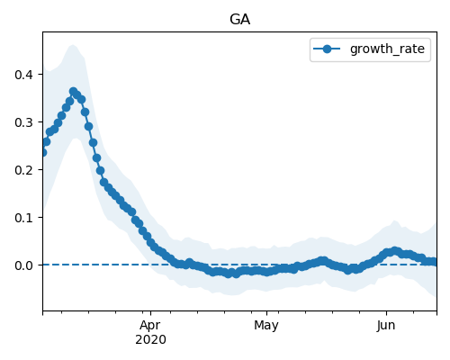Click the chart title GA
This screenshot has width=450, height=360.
point(239,20)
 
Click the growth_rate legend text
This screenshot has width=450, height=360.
point(387,49)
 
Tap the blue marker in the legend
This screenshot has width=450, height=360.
point(327,49)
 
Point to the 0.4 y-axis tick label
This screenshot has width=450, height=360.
point(23,75)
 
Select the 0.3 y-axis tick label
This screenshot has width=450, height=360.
point(23,122)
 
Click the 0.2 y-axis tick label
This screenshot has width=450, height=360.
point(23,170)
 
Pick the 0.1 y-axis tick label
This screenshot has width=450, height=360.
point(23,218)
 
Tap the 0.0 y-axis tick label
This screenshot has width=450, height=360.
point(23,265)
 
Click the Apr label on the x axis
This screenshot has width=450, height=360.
point(150,326)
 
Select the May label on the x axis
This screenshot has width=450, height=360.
point(266,326)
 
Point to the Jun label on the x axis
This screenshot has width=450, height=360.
point(386,326)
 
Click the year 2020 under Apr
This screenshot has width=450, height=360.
point(150,340)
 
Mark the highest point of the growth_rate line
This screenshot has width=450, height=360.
point(73,91)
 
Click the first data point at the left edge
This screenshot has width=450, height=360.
point(43,152)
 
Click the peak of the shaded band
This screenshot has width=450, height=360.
point(73,45)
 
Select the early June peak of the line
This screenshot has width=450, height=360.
point(395,251)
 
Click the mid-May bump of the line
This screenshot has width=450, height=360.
point(323,260)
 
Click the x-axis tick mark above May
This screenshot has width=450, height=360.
point(266,313)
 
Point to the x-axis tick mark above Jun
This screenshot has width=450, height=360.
point(386,313)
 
